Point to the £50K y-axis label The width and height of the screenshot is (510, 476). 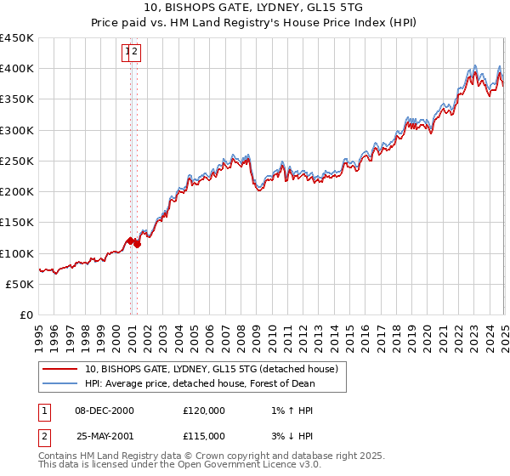20,284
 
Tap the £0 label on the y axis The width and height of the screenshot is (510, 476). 26,314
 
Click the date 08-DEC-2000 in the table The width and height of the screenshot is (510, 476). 104,411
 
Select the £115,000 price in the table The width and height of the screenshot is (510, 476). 204,435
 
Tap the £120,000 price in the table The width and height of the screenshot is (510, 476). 204,411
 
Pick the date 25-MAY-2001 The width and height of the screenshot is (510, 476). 105,435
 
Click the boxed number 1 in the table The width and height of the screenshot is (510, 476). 43,411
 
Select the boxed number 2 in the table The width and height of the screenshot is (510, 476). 43,435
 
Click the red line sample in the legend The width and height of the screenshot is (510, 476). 59,369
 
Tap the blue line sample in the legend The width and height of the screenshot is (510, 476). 59,383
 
